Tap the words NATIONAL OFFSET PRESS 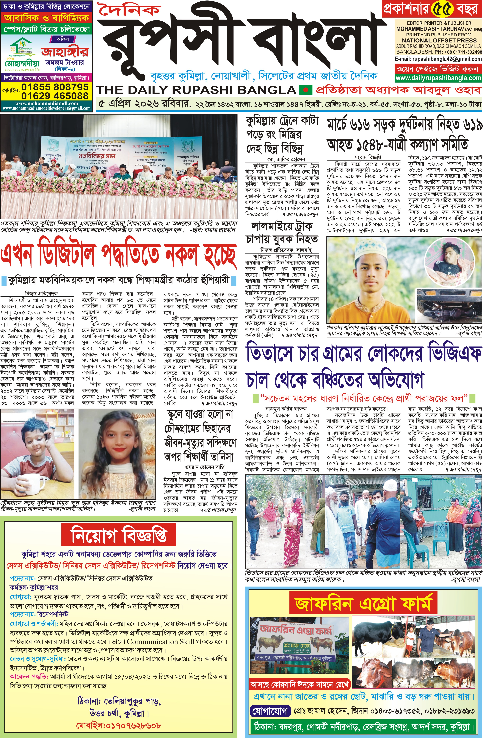pos(439,40)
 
